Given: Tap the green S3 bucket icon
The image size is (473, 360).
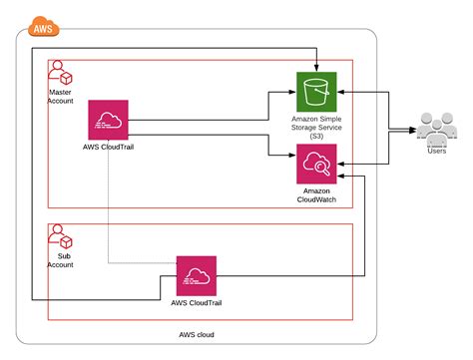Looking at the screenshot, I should click(x=316, y=91).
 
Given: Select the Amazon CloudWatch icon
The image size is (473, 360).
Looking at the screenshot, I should click(x=316, y=164).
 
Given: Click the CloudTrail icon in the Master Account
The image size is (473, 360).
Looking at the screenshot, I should click(x=109, y=122).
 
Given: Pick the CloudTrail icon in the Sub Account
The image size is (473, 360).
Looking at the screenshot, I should click(x=197, y=275).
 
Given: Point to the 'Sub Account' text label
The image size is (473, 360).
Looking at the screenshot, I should click(x=60, y=261).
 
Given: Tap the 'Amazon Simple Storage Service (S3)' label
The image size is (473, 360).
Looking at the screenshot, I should click(x=316, y=128).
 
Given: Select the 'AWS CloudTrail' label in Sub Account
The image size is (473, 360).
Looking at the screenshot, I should click(x=197, y=304).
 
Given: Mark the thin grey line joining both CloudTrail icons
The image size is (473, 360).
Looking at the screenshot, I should click(x=110, y=219).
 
